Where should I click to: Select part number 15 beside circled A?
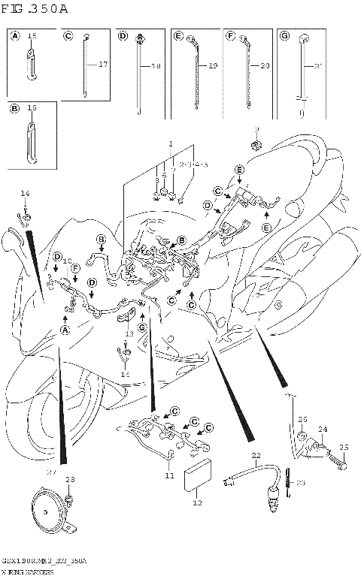(32, 36)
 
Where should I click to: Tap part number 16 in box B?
(32, 108)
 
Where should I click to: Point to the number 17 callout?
(103, 65)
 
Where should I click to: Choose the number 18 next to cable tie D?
(156, 67)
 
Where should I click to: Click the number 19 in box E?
(213, 67)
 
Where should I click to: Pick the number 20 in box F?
(265, 67)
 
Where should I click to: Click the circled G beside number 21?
(284, 35)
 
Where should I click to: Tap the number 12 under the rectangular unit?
(198, 503)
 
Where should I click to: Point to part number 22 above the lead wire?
(256, 455)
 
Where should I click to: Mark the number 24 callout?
(322, 430)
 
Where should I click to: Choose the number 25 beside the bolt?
(345, 448)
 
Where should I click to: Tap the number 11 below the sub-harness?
(170, 476)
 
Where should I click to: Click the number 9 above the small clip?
(256, 130)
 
